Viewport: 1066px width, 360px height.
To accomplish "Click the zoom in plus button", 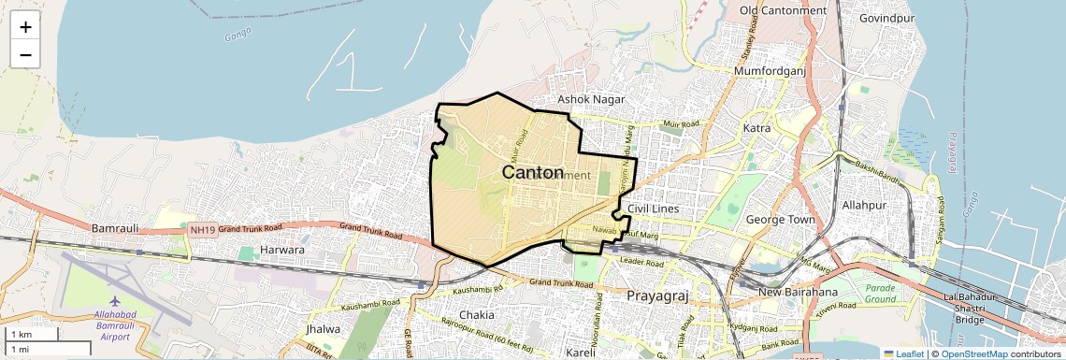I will (25, 27).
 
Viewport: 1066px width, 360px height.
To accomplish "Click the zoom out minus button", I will (25, 54).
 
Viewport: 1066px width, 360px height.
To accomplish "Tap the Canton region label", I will (533, 173).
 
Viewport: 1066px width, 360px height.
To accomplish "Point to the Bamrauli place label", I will (115, 228).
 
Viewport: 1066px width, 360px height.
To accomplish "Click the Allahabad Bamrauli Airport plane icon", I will (115, 301).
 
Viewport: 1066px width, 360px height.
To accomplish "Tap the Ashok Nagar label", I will (591, 98).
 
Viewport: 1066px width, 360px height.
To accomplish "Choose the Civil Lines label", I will (653, 208).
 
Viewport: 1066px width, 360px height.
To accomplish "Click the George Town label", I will (781, 220).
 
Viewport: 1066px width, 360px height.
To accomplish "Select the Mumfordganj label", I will (770, 71).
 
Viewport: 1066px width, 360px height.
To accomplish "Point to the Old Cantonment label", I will (783, 10).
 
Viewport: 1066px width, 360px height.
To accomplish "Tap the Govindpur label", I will (886, 18).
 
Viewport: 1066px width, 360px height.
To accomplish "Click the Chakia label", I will (476, 315).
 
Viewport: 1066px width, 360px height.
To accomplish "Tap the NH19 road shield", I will (202, 229).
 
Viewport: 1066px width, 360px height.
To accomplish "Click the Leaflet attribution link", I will (903, 353).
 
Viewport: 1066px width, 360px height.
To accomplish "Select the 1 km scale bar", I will (33, 334).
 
